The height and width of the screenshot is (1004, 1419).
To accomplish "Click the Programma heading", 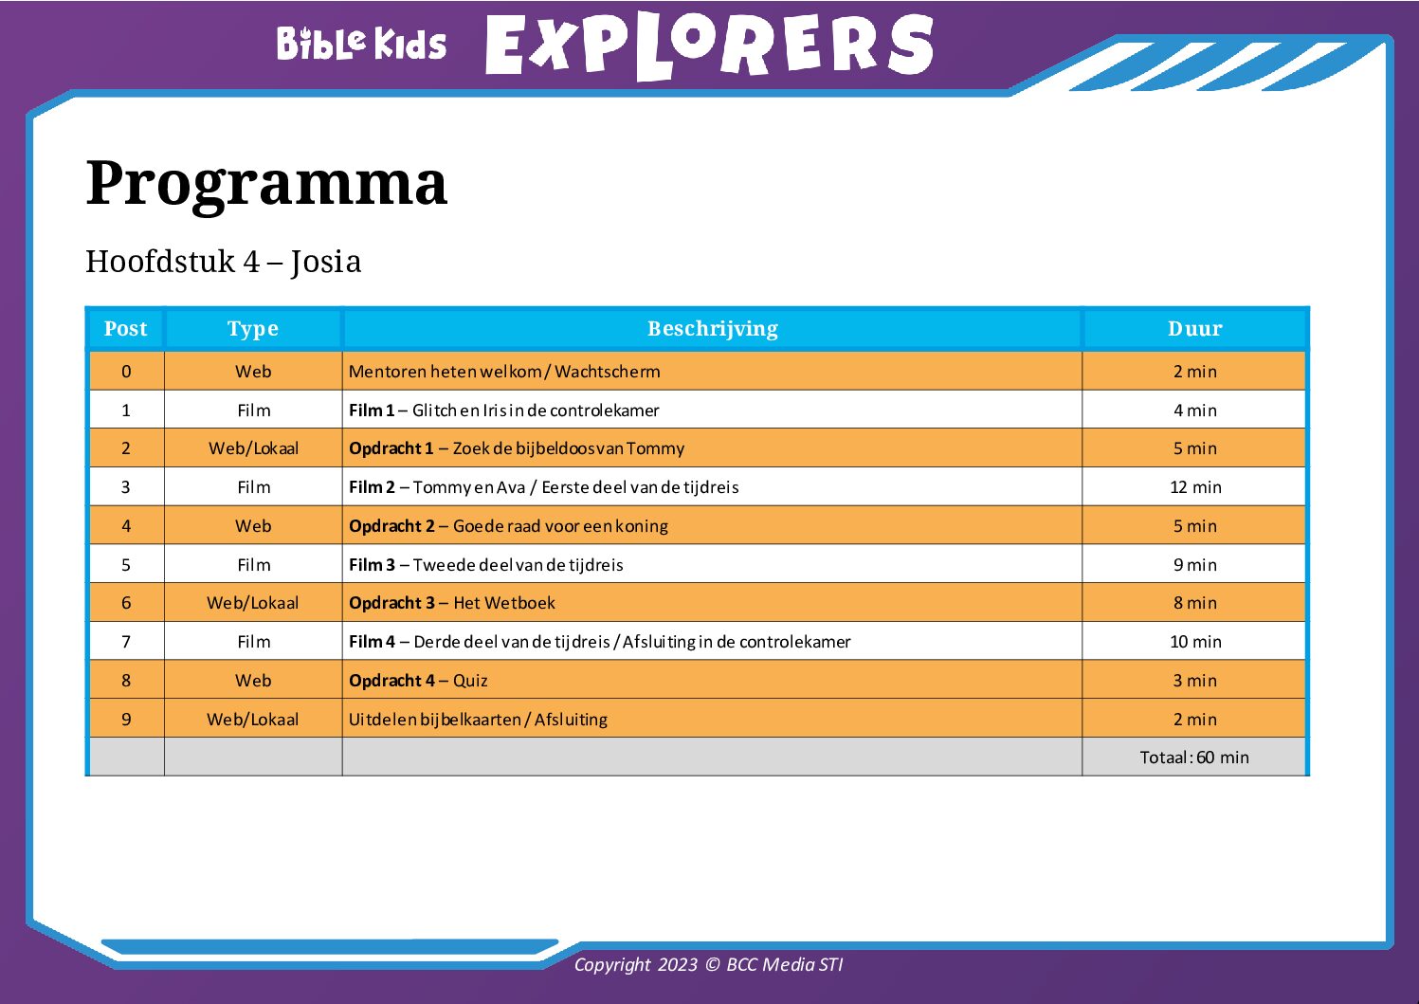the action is [266, 184].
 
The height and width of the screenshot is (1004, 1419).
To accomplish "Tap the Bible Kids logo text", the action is [362, 43].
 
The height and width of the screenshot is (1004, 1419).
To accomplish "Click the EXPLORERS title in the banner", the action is [709, 45].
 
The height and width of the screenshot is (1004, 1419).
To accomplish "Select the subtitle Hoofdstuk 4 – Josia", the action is [224, 261].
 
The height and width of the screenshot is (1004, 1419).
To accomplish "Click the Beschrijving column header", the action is [713, 328].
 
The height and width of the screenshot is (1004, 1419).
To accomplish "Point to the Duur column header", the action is [1194, 328].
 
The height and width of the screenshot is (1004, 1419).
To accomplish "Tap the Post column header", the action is [125, 328].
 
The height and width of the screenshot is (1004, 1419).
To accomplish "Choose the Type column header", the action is [253, 329].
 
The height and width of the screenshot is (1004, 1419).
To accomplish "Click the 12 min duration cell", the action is [1195, 487].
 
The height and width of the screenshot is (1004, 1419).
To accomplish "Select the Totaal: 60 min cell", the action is [1194, 757].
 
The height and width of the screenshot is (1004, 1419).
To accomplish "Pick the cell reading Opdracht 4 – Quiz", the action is [418, 681].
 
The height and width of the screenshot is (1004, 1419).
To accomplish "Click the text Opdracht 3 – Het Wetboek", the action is [452, 602].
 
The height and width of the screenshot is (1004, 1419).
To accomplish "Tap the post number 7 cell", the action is [126, 642].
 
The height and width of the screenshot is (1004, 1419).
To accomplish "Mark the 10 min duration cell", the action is [1195, 642].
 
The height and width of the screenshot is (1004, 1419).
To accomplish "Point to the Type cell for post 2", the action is [253, 448].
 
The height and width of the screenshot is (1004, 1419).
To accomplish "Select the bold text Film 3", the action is [372, 564].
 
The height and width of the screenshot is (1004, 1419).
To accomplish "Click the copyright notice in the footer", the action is [709, 964].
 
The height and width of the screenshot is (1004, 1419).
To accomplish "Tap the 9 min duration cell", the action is [1195, 564].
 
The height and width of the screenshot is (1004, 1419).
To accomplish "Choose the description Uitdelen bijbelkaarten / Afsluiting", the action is [479, 719].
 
